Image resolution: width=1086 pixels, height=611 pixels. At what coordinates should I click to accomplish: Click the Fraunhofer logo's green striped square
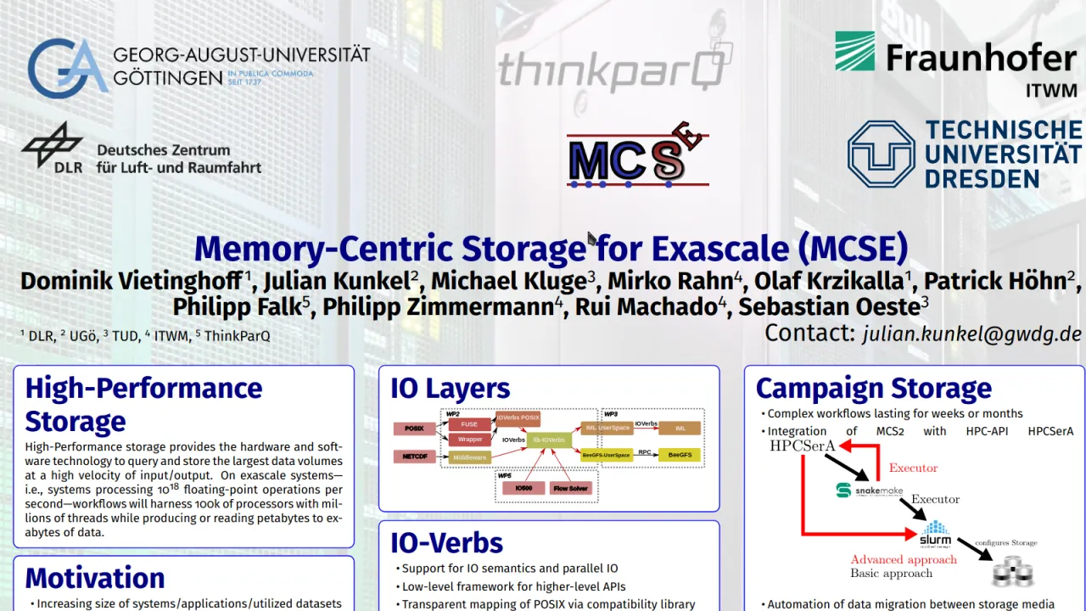coord(854,51)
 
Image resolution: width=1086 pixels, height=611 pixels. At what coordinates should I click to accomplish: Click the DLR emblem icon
coord(52,147)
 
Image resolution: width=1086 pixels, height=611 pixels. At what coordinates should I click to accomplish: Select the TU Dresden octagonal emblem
coord(881,154)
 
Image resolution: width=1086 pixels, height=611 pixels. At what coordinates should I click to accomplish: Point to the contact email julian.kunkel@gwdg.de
coord(972,334)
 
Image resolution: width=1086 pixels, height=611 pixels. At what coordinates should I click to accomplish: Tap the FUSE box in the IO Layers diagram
coord(469,424)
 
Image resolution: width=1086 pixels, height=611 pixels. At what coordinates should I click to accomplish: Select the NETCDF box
coord(414,457)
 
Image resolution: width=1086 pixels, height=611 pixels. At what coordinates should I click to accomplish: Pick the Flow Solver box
coord(570,489)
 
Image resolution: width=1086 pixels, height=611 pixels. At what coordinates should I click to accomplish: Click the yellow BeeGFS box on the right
coord(680,455)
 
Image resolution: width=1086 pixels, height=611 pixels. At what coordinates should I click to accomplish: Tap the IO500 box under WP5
coord(523,489)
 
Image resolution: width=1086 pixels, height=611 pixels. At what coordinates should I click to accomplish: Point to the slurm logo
coord(935,534)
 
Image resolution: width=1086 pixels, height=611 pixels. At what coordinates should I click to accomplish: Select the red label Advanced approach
coord(903,559)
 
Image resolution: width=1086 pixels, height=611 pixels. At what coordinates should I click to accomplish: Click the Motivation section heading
coord(95,578)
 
